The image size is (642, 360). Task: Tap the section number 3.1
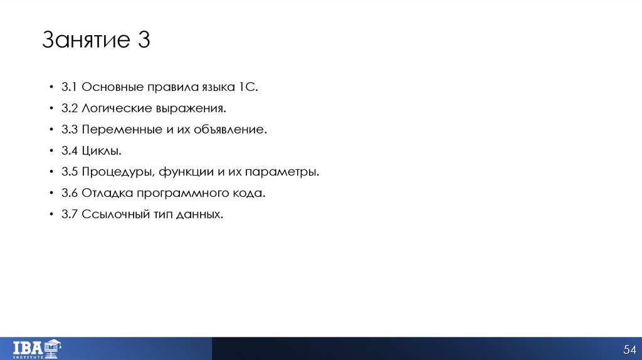click(x=69, y=87)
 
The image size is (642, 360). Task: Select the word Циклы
click(x=100, y=151)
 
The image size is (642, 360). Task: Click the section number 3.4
click(x=69, y=151)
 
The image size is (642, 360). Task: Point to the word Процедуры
click(x=118, y=172)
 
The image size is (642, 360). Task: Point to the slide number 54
click(x=629, y=349)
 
